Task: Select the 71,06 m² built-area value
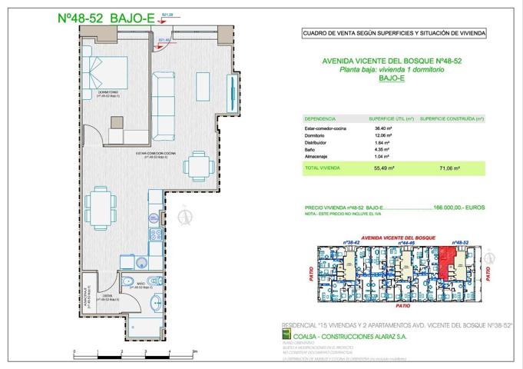tap(445, 165)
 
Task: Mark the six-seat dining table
tap(101, 204)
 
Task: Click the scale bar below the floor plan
tap(130, 353)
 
